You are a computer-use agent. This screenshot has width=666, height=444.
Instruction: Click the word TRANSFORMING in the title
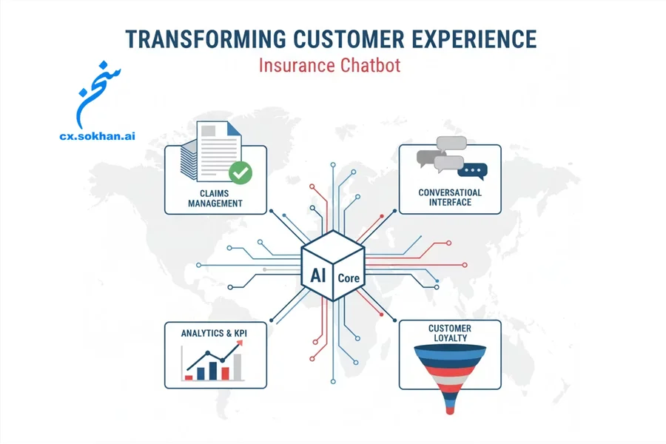pyautogui.click(x=206, y=39)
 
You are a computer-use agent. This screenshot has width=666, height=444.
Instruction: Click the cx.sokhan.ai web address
pyautogui.click(x=97, y=136)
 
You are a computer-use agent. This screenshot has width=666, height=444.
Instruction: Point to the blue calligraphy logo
pyautogui.click(x=97, y=95)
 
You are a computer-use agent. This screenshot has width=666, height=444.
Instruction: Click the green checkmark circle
pyautogui.click(x=240, y=172)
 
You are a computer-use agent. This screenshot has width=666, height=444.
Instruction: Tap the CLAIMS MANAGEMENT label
pyautogui.click(x=215, y=198)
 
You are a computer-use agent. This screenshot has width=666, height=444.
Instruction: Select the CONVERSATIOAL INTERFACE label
pyautogui.click(x=450, y=198)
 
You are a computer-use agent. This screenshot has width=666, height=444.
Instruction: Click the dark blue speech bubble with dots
pyautogui.click(x=472, y=171)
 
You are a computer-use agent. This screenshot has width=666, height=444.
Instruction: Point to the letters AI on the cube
pyautogui.click(x=318, y=275)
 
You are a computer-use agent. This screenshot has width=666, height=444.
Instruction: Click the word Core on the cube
pyautogui.click(x=349, y=278)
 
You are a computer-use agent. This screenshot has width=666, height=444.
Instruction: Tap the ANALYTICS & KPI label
pyautogui.click(x=214, y=333)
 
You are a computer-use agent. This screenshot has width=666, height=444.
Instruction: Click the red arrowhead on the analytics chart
pyautogui.click(x=240, y=343)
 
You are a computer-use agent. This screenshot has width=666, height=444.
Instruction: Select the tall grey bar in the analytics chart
pyautogui.click(x=238, y=366)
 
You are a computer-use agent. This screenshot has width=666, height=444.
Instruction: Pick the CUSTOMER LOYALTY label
pyautogui.click(x=450, y=333)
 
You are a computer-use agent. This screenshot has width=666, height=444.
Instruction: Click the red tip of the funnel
pyautogui.click(x=450, y=410)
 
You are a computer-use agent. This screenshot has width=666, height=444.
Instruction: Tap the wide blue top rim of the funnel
pyautogui.click(x=450, y=350)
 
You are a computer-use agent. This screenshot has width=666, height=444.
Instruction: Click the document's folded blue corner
pyautogui.click(x=234, y=128)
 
